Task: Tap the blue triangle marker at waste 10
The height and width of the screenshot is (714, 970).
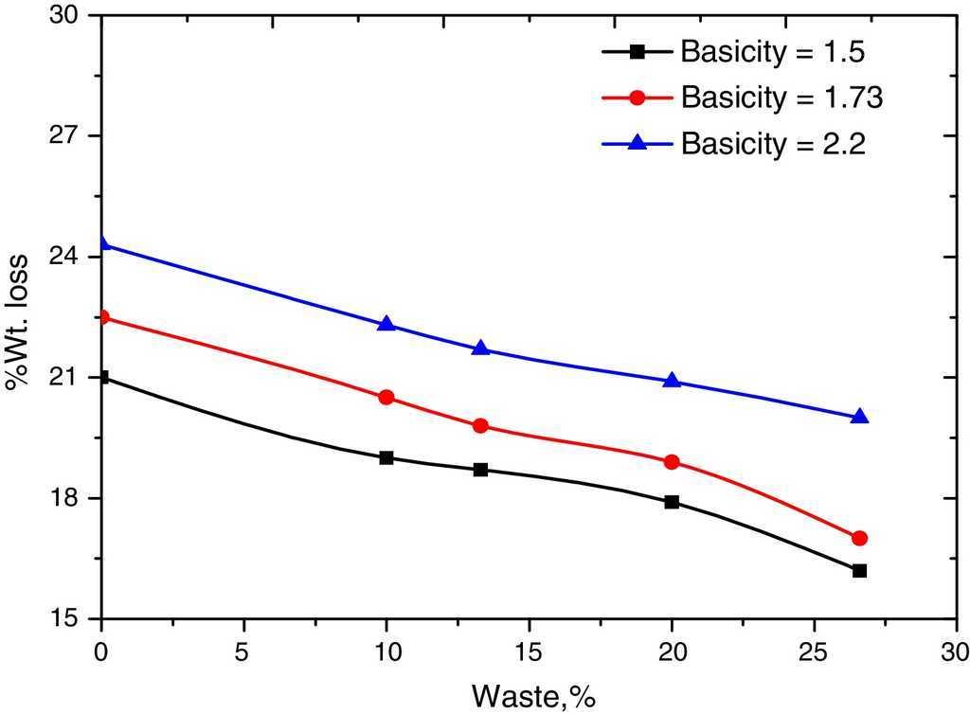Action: [x=386, y=324]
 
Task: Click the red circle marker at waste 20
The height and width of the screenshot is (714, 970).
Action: [x=672, y=462]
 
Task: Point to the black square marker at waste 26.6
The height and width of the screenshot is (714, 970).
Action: [x=859, y=571]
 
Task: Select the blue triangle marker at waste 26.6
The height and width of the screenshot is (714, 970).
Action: [x=859, y=417]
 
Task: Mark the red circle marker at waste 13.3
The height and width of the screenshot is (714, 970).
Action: [x=480, y=426]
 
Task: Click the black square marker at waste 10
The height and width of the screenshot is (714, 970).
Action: [x=386, y=457]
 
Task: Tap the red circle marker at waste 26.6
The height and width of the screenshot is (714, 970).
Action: [x=859, y=538]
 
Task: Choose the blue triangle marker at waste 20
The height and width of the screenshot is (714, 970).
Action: [x=672, y=381]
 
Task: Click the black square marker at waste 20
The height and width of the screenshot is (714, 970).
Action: [x=672, y=502]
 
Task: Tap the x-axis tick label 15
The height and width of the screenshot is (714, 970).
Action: [x=529, y=654]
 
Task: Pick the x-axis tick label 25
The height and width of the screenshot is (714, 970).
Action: [x=814, y=654]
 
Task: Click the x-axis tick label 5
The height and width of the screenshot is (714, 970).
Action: [x=244, y=654]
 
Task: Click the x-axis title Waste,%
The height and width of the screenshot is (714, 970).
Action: [x=533, y=696]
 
